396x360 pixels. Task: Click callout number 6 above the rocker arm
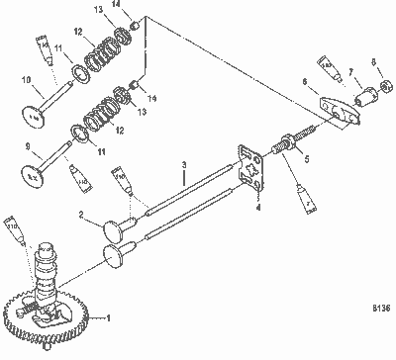point(305,82)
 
